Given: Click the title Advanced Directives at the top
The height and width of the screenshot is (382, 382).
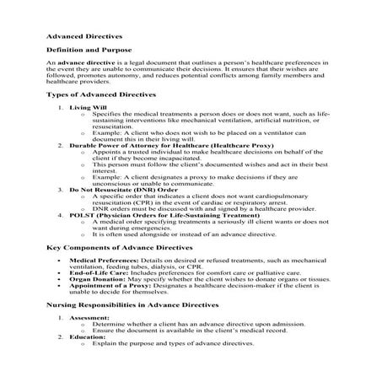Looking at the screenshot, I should click(x=83, y=37).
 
